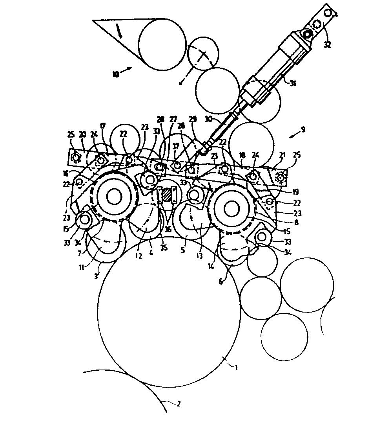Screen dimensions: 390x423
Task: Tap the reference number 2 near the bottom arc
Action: (179, 403)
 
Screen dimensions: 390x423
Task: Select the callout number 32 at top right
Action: (327, 44)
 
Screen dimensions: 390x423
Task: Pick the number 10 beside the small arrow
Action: (116, 74)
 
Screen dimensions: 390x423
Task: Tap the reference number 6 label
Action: (221, 281)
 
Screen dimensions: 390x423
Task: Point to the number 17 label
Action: (103, 126)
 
